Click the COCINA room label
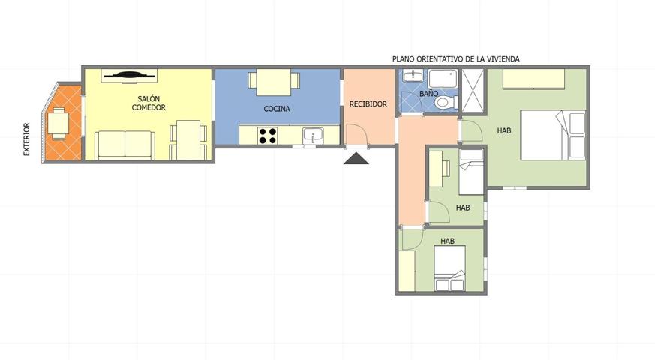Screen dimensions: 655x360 [x=277, y=109]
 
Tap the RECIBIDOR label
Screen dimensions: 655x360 [x=368, y=104]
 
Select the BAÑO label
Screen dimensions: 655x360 [x=428, y=94]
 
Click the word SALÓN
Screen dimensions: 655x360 [x=149, y=98]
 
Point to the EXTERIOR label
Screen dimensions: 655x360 [x=27, y=139]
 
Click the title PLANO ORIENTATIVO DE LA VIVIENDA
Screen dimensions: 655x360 [x=455, y=59]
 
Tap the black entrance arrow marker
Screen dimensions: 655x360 [x=356, y=158]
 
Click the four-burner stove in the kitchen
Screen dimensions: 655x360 [x=267, y=136]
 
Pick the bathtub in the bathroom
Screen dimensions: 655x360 [x=443, y=79]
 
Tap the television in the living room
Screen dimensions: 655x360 [x=130, y=76]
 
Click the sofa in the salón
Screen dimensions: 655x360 [x=125, y=145]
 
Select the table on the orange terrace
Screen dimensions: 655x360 [x=58, y=124]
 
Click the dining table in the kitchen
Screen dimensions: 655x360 [x=274, y=82]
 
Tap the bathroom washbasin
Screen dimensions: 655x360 [x=413, y=76]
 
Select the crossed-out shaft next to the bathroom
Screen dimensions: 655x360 [x=473, y=91]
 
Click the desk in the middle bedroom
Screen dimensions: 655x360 [x=437, y=169]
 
